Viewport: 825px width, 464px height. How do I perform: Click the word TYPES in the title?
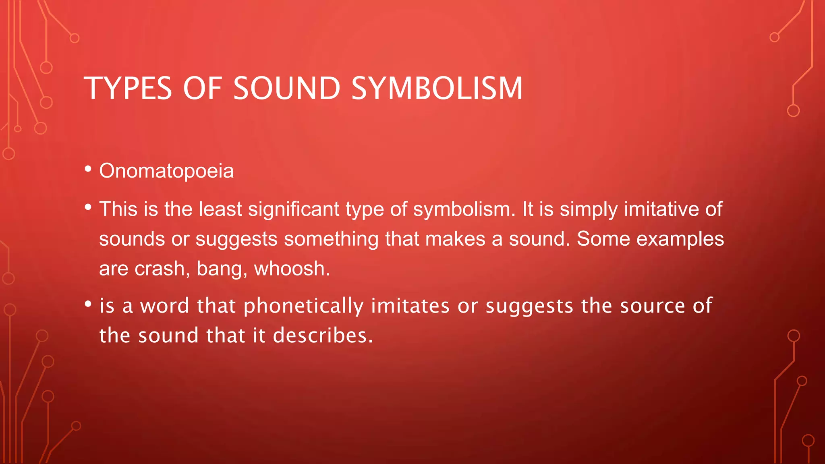(x=128, y=88)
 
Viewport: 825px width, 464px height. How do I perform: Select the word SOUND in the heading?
(x=287, y=88)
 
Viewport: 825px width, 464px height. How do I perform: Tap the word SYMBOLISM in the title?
(x=437, y=88)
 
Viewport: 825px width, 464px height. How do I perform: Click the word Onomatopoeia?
(x=166, y=171)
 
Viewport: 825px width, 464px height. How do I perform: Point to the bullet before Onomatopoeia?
(x=88, y=169)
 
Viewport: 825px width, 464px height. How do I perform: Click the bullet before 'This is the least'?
(x=88, y=207)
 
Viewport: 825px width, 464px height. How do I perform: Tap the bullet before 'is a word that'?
(x=88, y=304)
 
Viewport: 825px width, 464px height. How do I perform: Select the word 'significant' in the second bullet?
(x=294, y=209)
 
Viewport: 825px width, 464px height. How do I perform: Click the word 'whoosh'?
(x=291, y=269)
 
